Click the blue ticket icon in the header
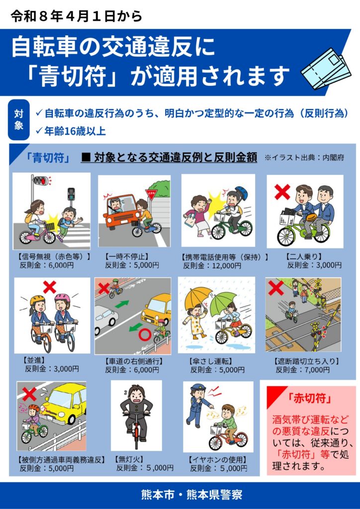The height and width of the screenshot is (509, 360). click(x=326, y=69)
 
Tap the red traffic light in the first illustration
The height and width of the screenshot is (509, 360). click(x=46, y=180)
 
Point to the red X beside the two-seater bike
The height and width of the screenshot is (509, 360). click(x=282, y=192)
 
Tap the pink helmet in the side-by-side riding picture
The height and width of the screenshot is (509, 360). click(x=62, y=298)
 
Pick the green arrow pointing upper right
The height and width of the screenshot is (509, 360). click(x=122, y=305)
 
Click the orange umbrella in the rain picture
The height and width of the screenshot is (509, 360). click(x=198, y=298)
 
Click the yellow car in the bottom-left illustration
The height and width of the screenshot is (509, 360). click(x=65, y=403)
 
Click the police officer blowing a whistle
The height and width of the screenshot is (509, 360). click(x=198, y=403)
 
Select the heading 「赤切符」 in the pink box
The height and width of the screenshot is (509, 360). click(x=310, y=398)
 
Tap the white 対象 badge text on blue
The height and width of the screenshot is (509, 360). click(x=18, y=120)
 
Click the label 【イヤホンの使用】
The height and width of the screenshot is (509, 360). click(x=218, y=460)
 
